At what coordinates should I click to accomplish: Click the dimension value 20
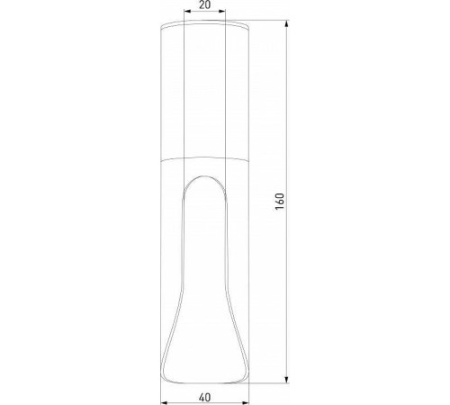coord(204,4)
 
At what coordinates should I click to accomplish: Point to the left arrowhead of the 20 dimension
coord(184,13)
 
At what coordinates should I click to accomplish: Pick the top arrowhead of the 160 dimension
coord(287,20)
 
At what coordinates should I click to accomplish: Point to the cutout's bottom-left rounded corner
coord(167,373)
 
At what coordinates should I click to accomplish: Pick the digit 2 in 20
coord(201,4)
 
